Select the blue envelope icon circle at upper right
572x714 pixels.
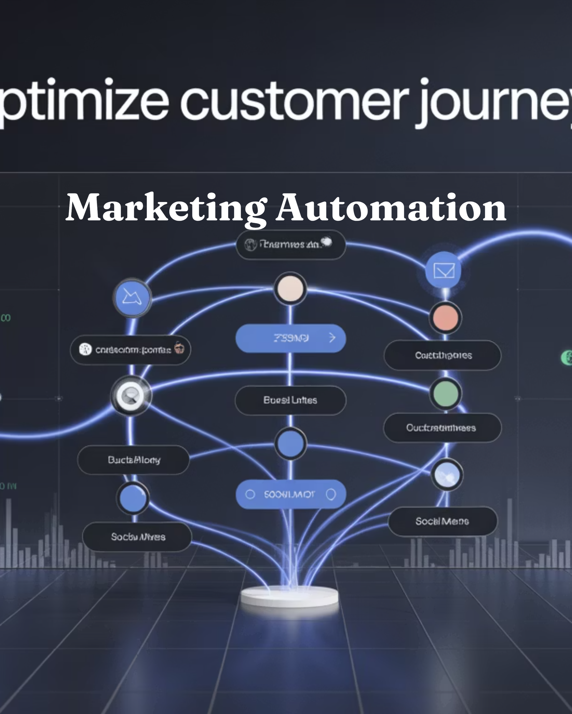[x=443, y=270]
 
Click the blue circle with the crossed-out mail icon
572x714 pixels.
[x=132, y=297]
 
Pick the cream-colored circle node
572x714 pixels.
[x=290, y=288]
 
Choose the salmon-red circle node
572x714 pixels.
[x=445, y=318]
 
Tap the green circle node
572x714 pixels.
[x=445, y=393]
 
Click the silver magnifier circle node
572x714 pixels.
[x=131, y=396]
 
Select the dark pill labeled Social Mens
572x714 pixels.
[x=443, y=521]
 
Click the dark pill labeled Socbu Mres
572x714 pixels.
[x=137, y=537]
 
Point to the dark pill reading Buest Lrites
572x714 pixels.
[x=290, y=400]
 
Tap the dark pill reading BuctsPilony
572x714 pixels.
[x=133, y=460]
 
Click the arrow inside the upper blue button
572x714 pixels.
[x=332, y=338]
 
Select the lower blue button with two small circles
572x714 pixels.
[x=290, y=494]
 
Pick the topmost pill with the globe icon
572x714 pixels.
[x=290, y=244]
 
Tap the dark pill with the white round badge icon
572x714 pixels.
[x=130, y=350]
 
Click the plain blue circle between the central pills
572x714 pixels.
[x=290, y=443]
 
